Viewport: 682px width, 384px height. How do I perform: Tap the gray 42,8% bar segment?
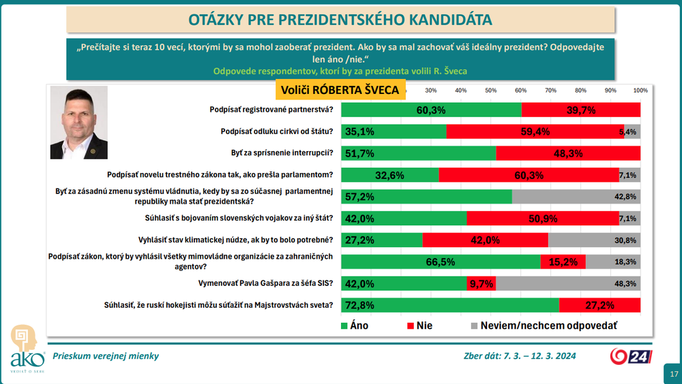[576, 197]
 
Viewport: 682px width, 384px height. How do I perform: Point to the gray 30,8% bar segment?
[594, 240]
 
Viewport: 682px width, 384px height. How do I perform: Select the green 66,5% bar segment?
[441, 261]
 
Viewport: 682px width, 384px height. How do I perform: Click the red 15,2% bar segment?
[563, 261]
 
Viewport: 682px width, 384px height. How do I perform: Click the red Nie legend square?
[411, 325]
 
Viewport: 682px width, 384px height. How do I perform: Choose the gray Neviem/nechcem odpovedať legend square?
[473, 325]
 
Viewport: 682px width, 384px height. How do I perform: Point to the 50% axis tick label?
[490, 91]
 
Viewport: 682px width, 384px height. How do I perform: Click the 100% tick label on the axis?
[640, 91]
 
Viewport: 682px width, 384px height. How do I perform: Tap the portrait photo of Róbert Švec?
[78, 123]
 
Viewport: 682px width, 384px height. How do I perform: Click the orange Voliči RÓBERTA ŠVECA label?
[341, 89]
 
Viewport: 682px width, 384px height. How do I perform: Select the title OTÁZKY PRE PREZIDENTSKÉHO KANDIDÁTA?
[340, 18]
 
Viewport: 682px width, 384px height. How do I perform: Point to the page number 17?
[674, 374]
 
